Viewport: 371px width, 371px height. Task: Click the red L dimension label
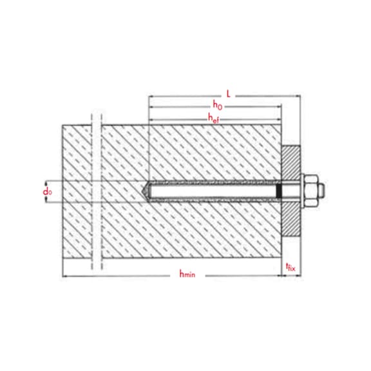point(228,94)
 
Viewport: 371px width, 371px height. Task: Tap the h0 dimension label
point(218,105)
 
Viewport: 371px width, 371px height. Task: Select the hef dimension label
point(213,118)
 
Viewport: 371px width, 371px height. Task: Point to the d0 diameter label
point(47,192)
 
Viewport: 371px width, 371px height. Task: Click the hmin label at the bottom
point(187,274)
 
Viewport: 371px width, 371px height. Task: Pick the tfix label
point(290,267)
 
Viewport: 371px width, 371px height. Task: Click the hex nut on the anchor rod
point(311,191)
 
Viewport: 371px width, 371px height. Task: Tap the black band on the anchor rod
point(279,191)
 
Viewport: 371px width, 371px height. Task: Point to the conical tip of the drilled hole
point(144,191)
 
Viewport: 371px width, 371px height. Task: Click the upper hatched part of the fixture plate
point(290,163)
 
